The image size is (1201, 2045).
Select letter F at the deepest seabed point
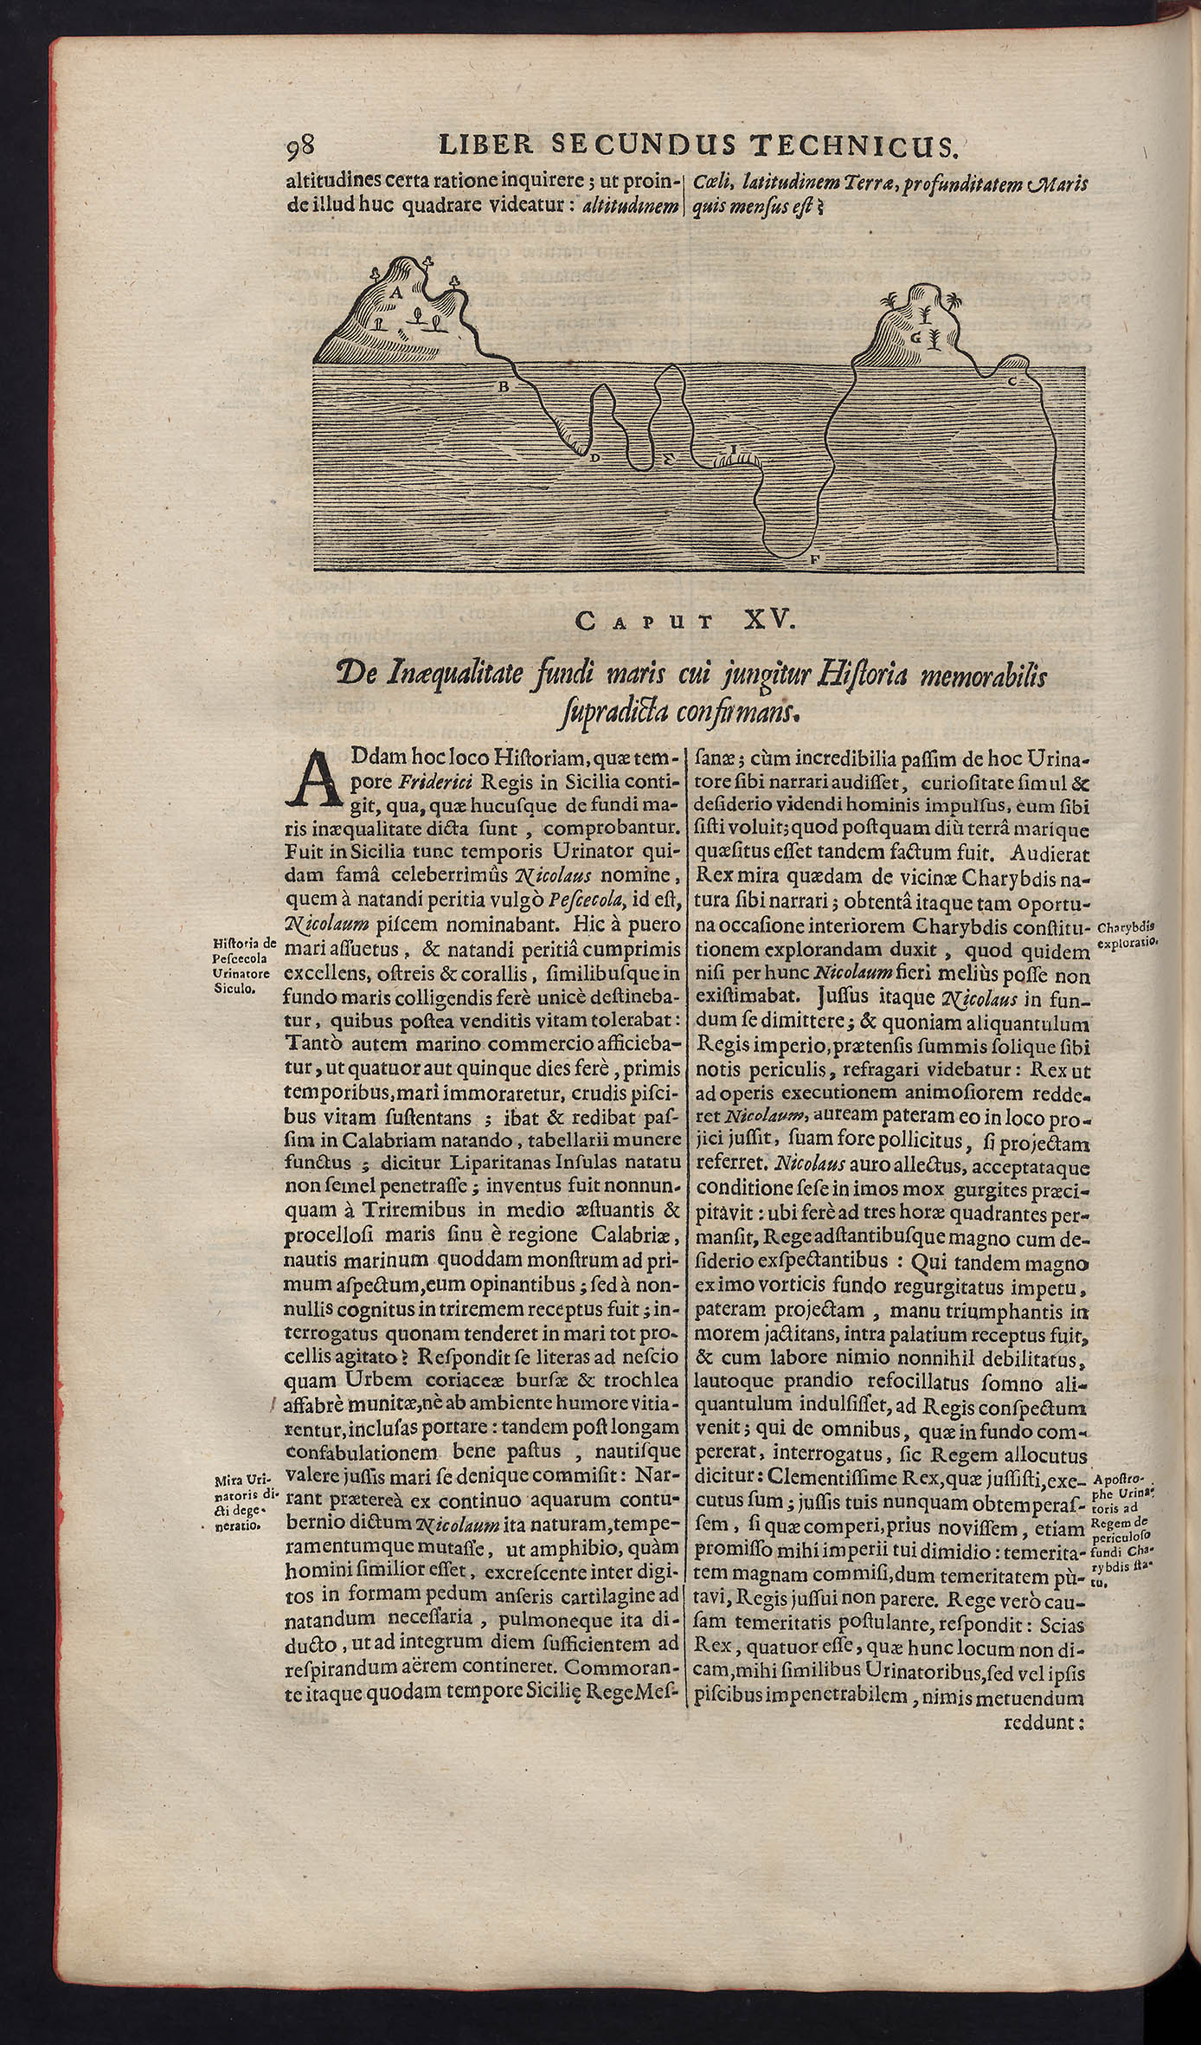814,562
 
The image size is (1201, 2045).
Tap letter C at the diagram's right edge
1012,381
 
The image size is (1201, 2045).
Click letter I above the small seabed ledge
733,448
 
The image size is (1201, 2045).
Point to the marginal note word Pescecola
243,959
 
